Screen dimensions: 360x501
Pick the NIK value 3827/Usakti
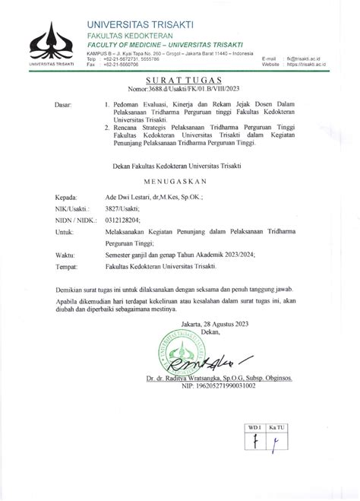coord(123,208)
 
